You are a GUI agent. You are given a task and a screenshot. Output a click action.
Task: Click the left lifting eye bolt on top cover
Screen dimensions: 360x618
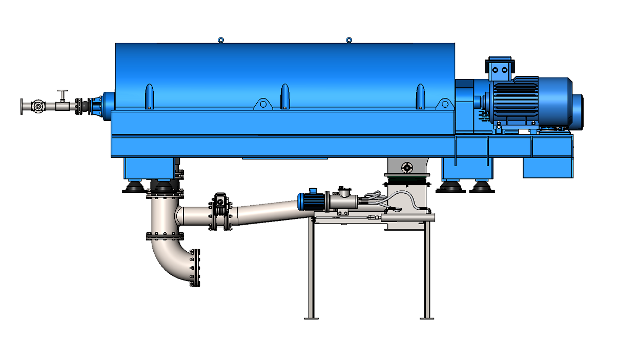tap(221, 40)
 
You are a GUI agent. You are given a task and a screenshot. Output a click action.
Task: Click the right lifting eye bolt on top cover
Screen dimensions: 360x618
tap(348, 39)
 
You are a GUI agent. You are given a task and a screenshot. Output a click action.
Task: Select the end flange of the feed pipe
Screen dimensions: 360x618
tap(22, 106)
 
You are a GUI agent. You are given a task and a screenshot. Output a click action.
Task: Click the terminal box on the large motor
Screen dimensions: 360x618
tap(500, 69)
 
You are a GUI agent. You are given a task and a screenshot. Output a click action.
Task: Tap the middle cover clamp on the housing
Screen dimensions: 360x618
tap(283, 96)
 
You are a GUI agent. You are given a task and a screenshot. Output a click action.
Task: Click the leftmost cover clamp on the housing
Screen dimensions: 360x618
tap(149, 96)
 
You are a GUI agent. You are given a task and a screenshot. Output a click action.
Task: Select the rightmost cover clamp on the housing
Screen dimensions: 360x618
tap(420, 96)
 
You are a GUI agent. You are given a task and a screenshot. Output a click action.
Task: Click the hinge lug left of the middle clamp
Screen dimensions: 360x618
tap(263, 104)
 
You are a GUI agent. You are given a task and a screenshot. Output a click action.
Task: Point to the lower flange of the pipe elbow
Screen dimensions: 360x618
tap(195, 268)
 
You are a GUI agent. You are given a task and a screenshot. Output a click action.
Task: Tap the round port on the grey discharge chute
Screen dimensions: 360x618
tap(407, 167)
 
